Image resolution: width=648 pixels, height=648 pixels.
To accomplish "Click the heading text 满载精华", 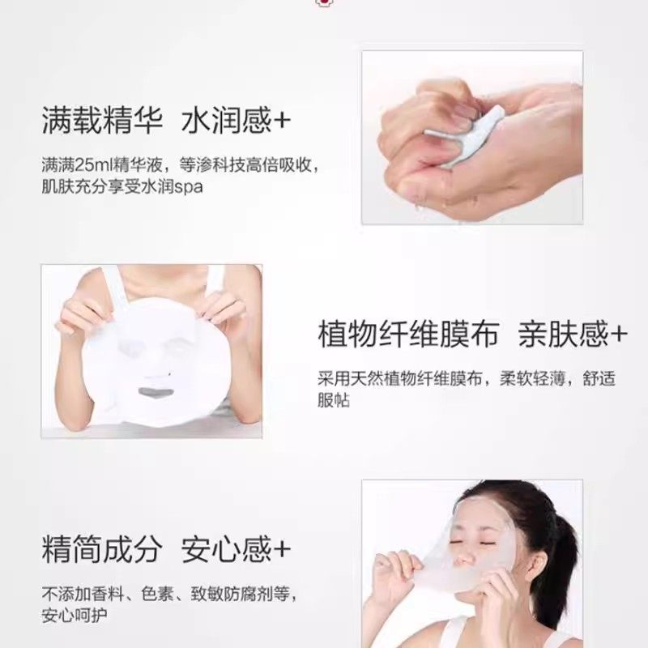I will [93, 122].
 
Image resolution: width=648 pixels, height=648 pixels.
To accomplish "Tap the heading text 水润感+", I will [236, 122].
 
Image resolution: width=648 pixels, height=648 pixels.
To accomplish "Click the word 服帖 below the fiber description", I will [333, 401].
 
